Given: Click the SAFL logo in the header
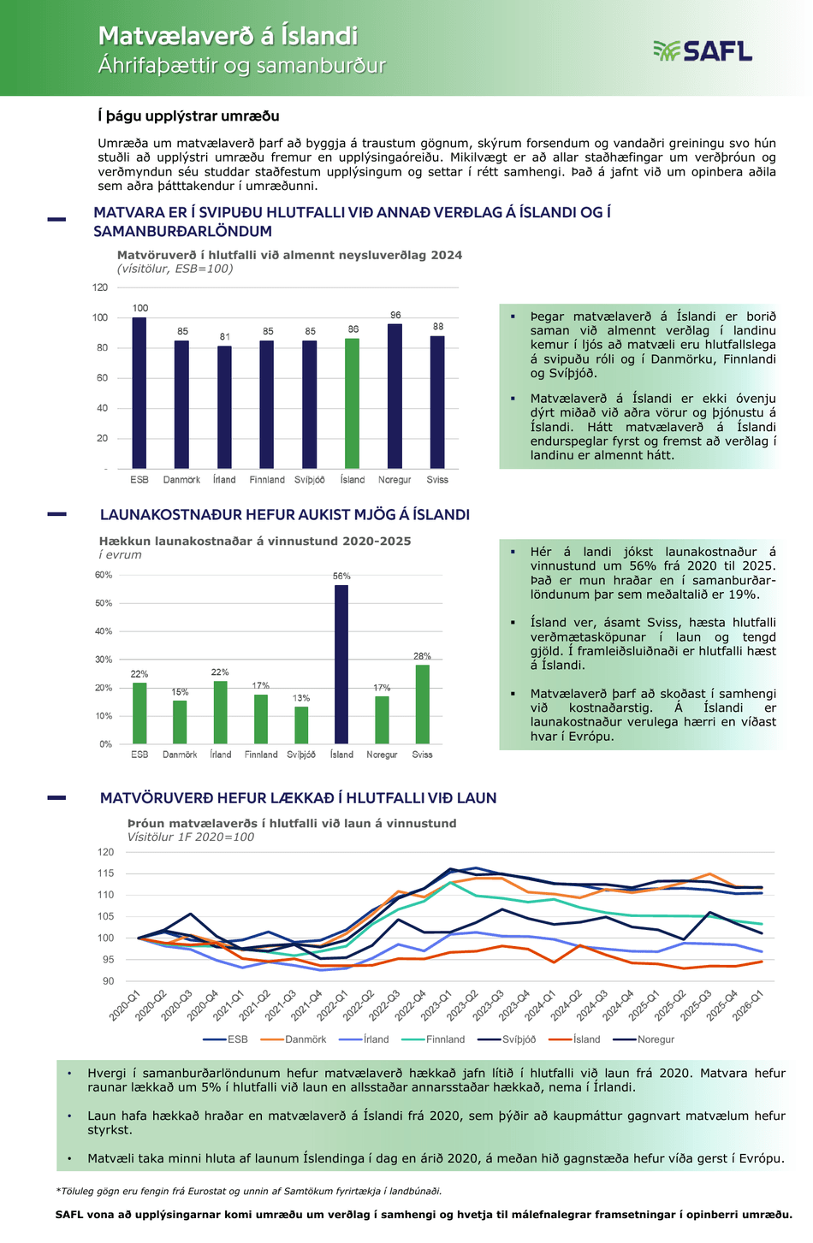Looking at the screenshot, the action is [702, 51].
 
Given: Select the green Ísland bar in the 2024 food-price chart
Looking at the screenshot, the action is [352, 404].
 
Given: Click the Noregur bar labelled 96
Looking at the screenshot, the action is [395, 396].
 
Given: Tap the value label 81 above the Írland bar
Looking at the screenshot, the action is [225, 336].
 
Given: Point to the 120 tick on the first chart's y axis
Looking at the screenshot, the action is [100, 287].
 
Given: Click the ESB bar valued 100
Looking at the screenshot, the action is [139, 393].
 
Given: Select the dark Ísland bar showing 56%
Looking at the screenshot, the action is [341, 664].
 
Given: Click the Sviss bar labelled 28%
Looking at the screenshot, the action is [422, 704].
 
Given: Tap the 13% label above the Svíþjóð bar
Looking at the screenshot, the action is [301, 697].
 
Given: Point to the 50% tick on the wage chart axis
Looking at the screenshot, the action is [104, 602].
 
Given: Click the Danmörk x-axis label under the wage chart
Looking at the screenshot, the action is [180, 755].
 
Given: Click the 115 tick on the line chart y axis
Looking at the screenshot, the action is [105, 873].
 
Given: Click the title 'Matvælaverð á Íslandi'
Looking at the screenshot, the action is [228, 36].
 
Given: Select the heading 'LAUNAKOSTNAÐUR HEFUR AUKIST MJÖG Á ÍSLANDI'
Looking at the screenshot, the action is [285, 514].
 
